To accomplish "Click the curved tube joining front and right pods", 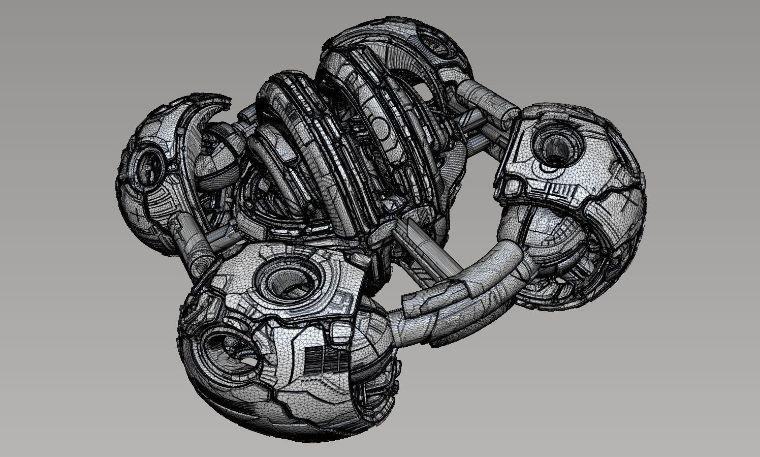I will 457,300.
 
